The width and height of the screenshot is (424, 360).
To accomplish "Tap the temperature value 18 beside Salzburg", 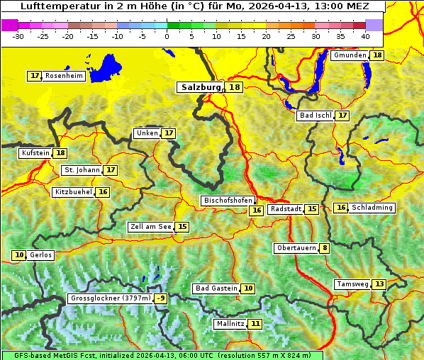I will pos(235,87).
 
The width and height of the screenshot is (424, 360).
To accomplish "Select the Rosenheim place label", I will pos(64,76).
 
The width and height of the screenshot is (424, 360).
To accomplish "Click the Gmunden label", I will pos(350,55).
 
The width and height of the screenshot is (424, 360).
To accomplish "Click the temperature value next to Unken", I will pos(168,133).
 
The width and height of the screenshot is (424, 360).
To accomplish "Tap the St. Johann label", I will pos(82,170).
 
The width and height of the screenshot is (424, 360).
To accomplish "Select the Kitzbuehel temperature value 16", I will pos(104,192).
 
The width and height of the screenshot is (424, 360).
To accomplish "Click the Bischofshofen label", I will pos(228,201).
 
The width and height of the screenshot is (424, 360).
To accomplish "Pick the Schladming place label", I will pos(372,208).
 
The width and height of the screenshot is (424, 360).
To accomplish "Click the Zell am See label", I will pos(151,227).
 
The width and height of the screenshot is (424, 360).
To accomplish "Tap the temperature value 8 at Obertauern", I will pos(324,248).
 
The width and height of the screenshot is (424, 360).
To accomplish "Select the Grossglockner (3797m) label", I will pos(111,298).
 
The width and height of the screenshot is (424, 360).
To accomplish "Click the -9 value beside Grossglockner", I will pos(161,298).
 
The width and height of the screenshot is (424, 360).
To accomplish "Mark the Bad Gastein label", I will pos(216,288).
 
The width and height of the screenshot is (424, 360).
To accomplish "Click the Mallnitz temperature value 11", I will pos(256,324).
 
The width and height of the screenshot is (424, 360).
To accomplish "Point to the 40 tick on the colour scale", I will pos(365,35).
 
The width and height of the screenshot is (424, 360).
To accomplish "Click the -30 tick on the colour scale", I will pos(18,35).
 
